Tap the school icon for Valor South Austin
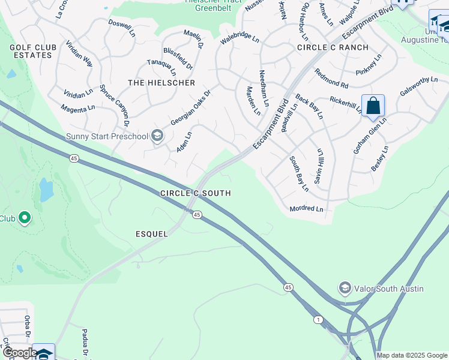[345, 289]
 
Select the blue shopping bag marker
[373, 106]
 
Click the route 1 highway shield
[317, 320]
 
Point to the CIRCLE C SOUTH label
[196, 193]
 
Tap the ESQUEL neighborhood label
[152, 234]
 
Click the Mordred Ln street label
[306, 209]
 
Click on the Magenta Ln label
[78, 109]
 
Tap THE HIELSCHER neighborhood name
[153, 82]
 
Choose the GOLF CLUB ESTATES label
[33, 51]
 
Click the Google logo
[19, 353]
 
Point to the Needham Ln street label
[263, 85]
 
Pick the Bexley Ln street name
[379, 158]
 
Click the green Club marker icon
[25, 218]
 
